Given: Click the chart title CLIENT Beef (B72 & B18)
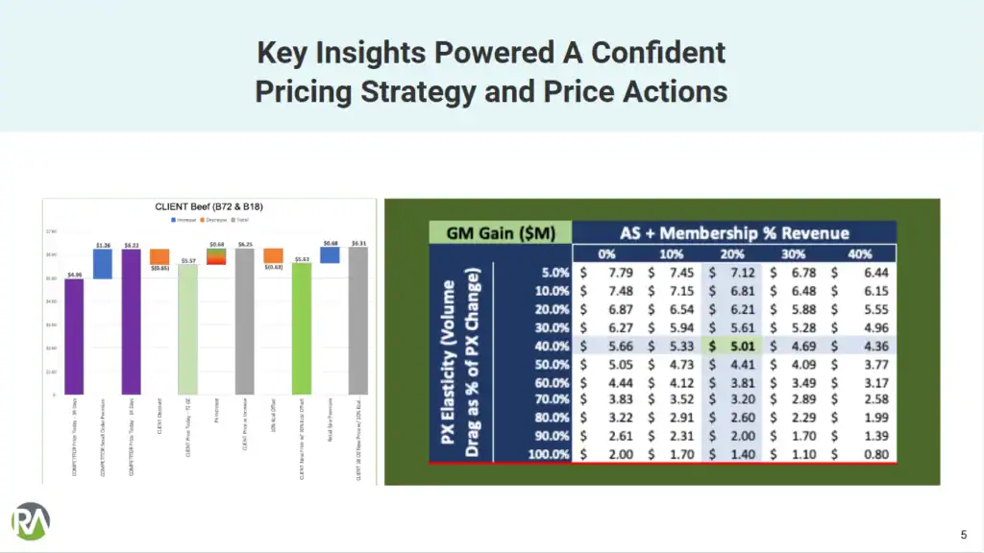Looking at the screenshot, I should coord(209,206).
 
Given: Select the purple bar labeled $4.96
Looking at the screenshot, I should coord(74,336).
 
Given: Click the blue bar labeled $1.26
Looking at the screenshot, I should coord(102,264).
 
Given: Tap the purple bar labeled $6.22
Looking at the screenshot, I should coord(131,322).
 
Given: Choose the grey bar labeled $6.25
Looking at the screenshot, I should coord(244,322).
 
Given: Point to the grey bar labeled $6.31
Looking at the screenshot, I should coord(357,321).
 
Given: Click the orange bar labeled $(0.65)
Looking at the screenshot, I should coord(160,257).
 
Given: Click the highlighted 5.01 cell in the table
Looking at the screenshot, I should coord(734,347).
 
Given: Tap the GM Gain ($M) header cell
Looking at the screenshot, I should coord(500,232).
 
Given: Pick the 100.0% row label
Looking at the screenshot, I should coord(548,454).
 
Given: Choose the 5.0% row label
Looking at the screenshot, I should coord(552,273).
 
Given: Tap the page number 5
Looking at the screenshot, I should coord(964,535).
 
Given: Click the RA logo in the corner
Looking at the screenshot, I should coord(31,521).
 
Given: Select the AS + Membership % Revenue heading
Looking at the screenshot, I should coord(733,232).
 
